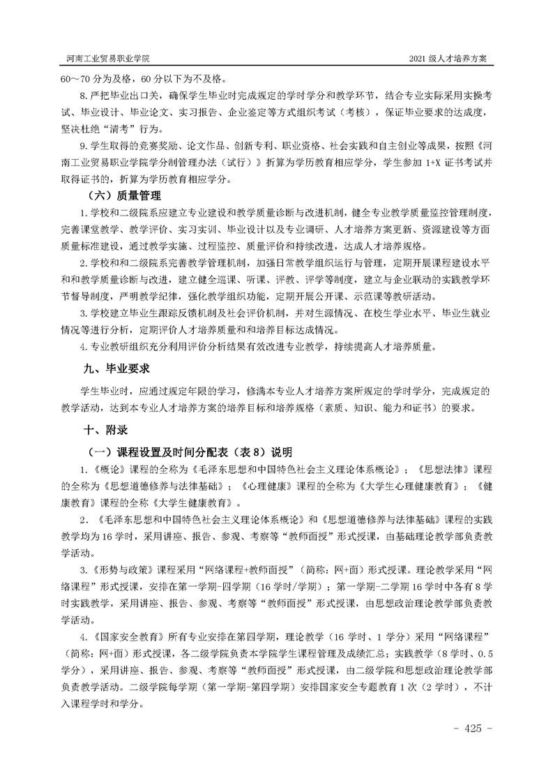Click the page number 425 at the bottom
pos(473,728)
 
